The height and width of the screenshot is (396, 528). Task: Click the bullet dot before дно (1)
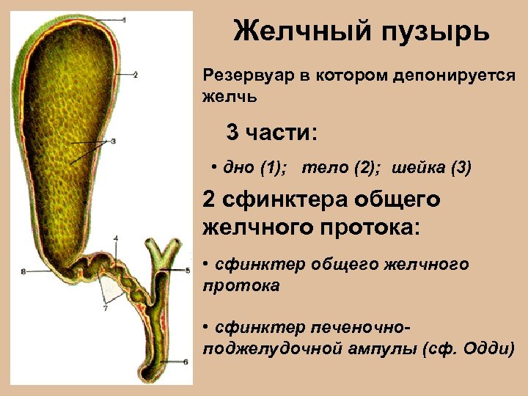[x=213, y=166]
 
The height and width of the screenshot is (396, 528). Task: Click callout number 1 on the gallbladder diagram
[x=125, y=20]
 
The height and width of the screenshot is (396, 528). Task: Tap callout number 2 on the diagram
[x=136, y=74]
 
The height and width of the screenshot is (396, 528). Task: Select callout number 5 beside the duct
[x=188, y=271]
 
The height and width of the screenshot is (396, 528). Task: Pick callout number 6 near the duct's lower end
[x=186, y=362]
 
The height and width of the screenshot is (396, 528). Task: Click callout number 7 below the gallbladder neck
[x=105, y=309]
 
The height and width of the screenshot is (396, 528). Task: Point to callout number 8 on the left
[x=23, y=271]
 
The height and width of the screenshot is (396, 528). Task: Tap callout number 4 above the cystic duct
[x=116, y=238]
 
